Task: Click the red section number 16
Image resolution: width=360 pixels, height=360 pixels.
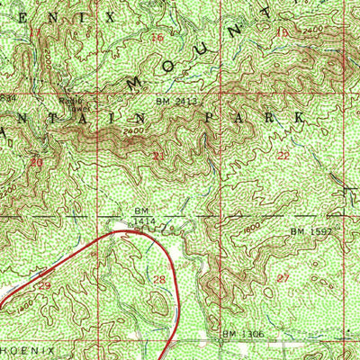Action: click(157, 38)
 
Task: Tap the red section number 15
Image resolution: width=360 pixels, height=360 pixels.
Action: click(285, 33)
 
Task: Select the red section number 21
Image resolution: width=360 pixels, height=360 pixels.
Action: click(158, 157)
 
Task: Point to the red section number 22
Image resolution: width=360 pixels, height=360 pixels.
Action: click(284, 156)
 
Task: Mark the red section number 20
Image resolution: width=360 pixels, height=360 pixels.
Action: click(36, 163)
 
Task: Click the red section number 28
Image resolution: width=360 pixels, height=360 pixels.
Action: click(160, 281)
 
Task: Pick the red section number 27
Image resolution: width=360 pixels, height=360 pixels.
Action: click(284, 278)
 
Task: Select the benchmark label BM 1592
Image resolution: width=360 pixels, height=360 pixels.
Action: click(307, 231)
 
